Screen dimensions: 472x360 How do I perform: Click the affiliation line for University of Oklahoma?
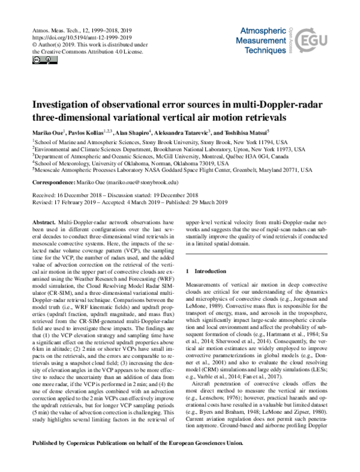(x=130, y=163)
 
